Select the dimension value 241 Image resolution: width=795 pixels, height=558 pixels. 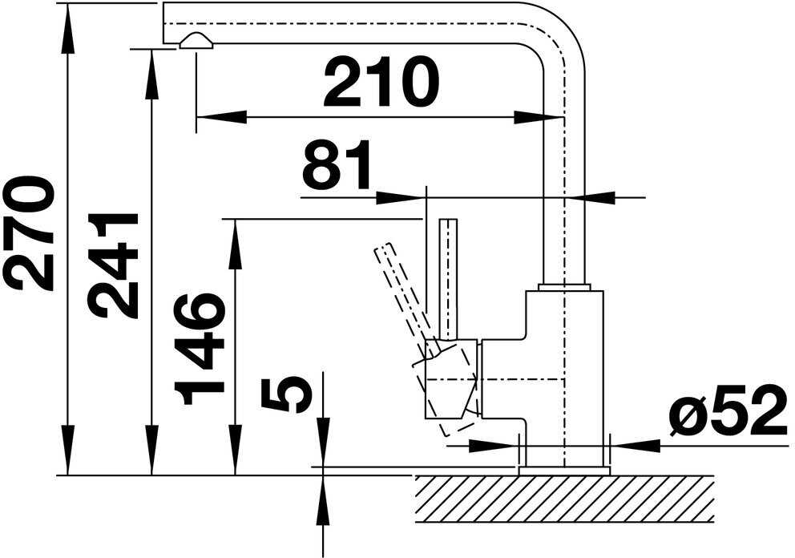click(x=113, y=265)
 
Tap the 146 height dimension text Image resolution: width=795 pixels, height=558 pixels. click(x=198, y=348)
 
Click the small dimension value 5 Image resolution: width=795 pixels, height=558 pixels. click(x=286, y=394)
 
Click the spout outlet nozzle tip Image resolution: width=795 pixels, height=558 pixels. click(x=196, y=42)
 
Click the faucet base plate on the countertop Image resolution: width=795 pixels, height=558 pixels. click(x=564, y=471)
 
